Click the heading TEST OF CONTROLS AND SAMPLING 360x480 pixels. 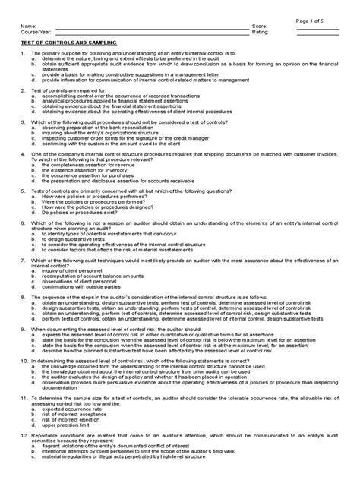click(x=67, y=43)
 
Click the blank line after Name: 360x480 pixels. click(x=152, y=28)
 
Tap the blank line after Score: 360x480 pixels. click(x=319, y=28)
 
